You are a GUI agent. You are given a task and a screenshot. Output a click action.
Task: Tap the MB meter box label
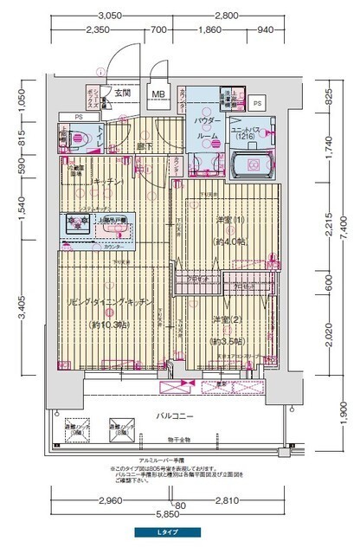coord(158,94)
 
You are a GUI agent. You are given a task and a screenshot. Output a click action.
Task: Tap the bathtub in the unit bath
coord(252,163)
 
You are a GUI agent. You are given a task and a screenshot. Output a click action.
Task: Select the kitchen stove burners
coord(75,223)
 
